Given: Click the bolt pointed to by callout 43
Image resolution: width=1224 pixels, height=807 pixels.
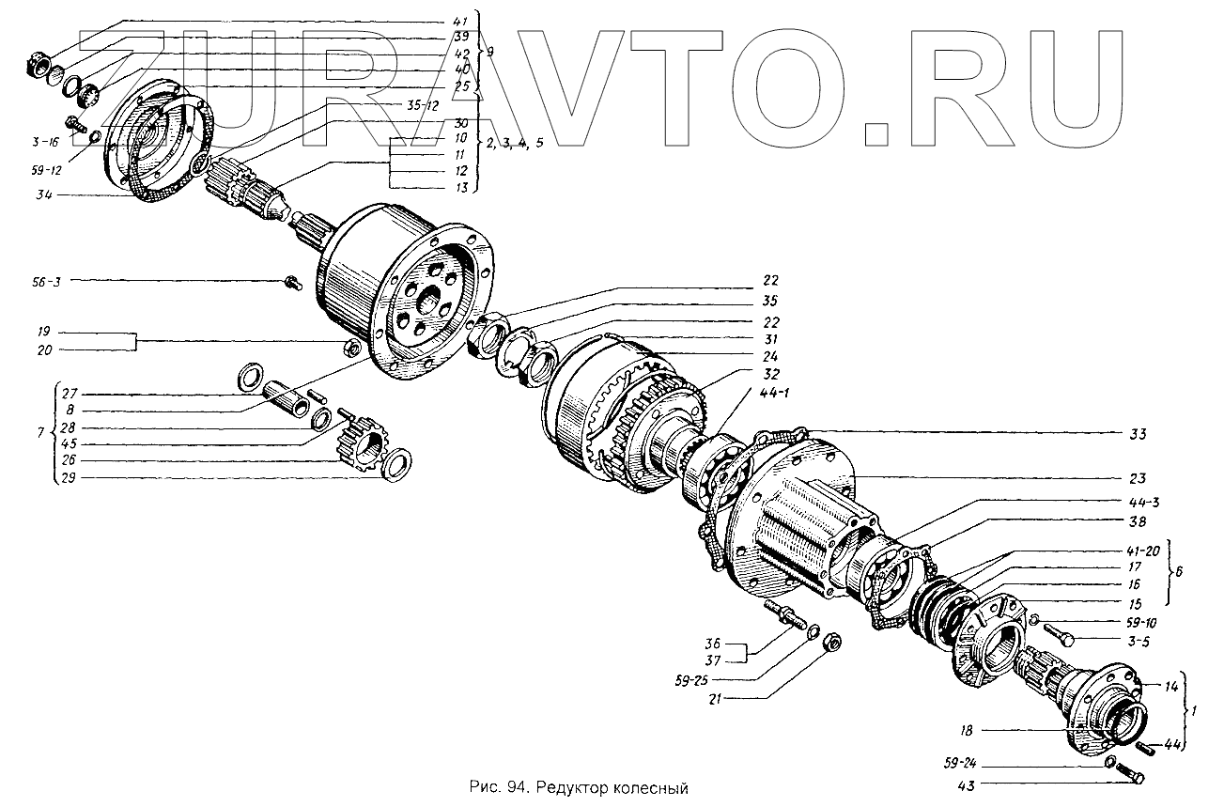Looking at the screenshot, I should (x=1129, y=776).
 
